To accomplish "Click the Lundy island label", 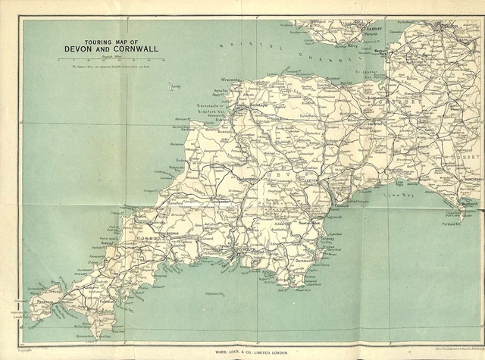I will pyautogui.click(x=176, y=87).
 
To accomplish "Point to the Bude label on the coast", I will pyautogui.click(x=182, y=160).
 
